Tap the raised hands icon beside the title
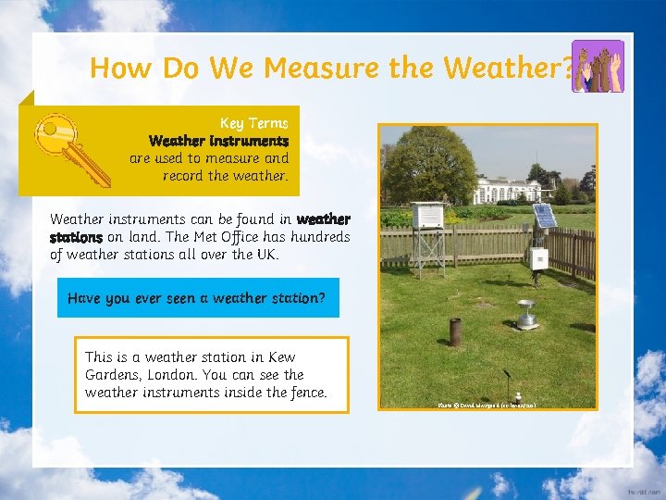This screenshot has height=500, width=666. (x=598, y=66)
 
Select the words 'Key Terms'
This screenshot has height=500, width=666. (x=253, y=123)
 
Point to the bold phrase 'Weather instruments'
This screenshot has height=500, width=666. (x=218, y=141)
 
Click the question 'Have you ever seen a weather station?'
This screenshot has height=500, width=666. (x=196, y=298)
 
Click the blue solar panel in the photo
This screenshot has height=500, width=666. (x=546, y=217)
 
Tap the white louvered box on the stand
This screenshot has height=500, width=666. (x=427, y=216)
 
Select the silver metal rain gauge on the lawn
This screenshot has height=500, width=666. (x=526, y=315)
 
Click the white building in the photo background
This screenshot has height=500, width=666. (x=510, y=192)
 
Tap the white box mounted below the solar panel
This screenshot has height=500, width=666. (x=537, y=258)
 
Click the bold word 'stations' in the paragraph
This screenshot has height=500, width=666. (x=76, y=237)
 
